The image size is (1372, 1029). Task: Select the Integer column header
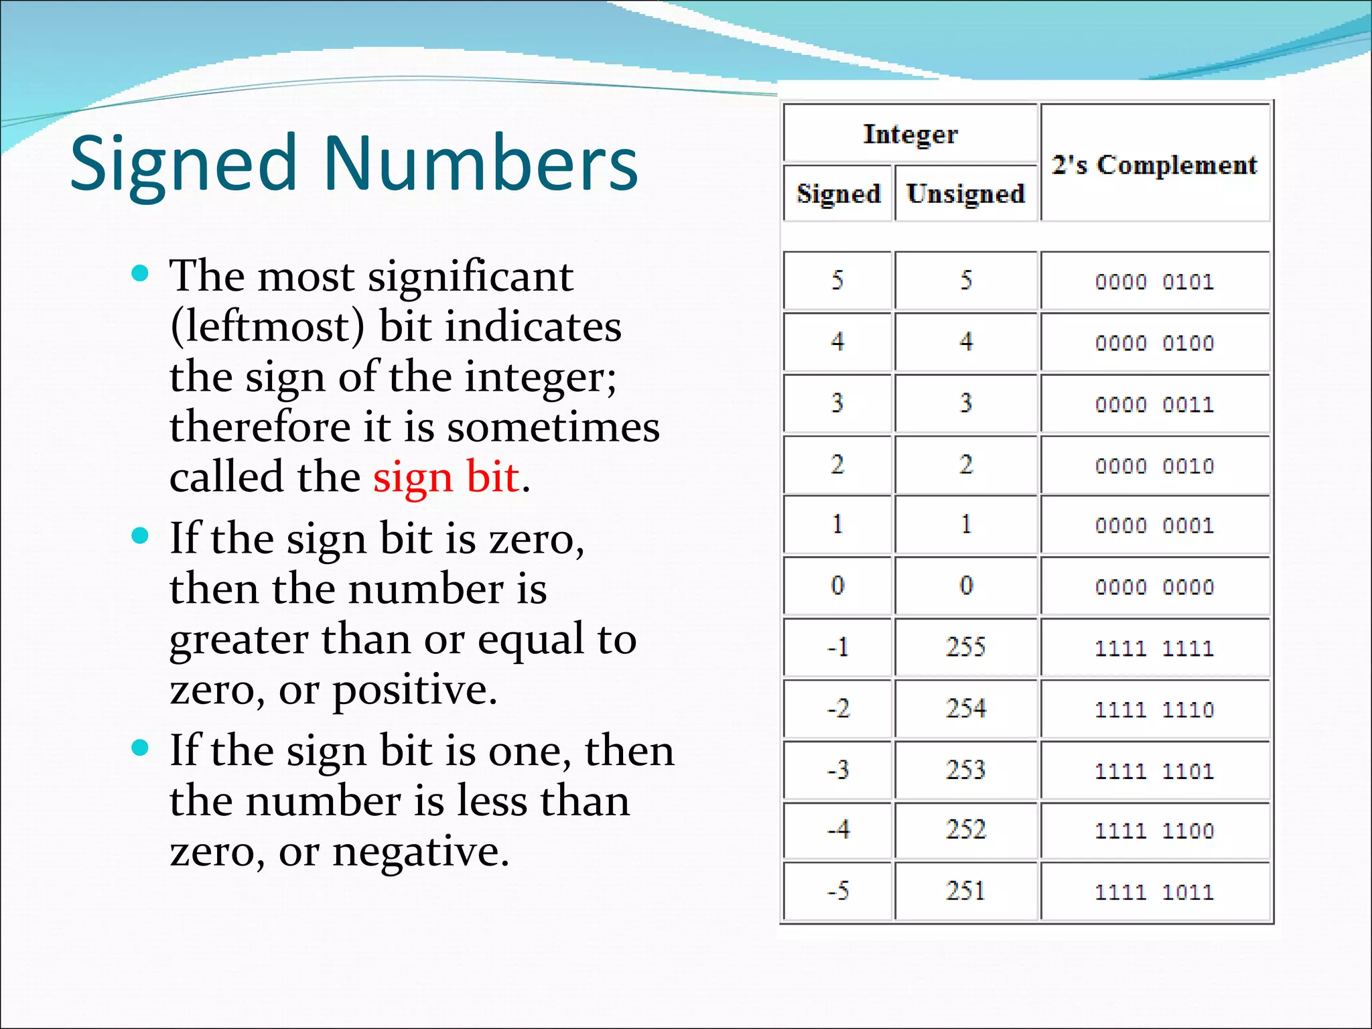pos(910,134)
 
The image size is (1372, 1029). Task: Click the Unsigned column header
pos(965,194)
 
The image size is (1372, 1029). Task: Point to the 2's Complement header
pos(1154,165)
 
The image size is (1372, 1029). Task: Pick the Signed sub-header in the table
pos(838,194)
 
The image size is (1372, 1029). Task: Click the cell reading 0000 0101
pos(1154,281)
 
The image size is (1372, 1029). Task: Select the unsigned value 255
pos(965,647)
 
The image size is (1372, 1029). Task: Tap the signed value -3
pos(838,770)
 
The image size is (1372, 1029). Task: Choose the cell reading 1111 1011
pos(1154,892)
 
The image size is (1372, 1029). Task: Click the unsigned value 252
pos(965,830)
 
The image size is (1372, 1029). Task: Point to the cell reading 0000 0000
pos(1154,587)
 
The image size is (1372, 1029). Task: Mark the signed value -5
pos(838,891)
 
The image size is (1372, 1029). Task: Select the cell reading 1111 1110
pos(1154,709)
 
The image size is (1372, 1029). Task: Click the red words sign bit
pos(445,478)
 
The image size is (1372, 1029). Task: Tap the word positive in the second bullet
pos(415,690)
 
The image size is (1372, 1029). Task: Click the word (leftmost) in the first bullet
pos(267,327)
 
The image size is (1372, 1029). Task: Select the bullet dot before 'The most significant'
pos(140,273)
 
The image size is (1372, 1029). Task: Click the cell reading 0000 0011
pos(1154,405)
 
